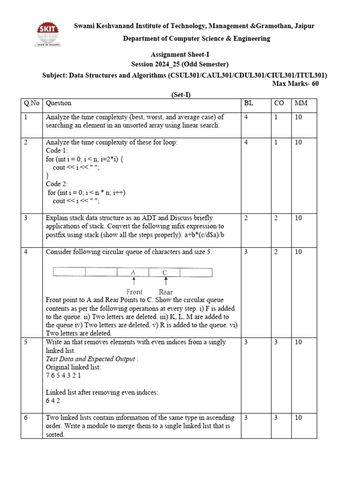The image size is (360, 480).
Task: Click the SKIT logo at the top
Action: (x=49, y=34)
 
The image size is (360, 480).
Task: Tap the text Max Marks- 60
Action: (x=295, y=84)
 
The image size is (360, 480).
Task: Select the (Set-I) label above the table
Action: (x=180, y=95)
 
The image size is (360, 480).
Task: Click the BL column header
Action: (x=248, y=103)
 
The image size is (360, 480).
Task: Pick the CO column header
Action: (x=279, y=103)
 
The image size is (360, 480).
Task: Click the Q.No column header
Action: (x=31, y=103)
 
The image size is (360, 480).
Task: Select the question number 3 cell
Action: (x=26, y=218)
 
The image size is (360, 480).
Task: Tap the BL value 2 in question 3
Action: (x=246, y=218)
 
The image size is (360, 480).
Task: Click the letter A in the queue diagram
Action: (x=133, y=272)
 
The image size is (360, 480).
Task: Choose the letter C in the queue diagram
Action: (x=165, y=272)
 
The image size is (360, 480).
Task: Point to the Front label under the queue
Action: (x=135, y=292)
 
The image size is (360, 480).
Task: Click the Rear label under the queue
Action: (x=166, y=292)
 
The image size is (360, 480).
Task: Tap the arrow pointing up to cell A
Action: (x=134, y=281)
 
